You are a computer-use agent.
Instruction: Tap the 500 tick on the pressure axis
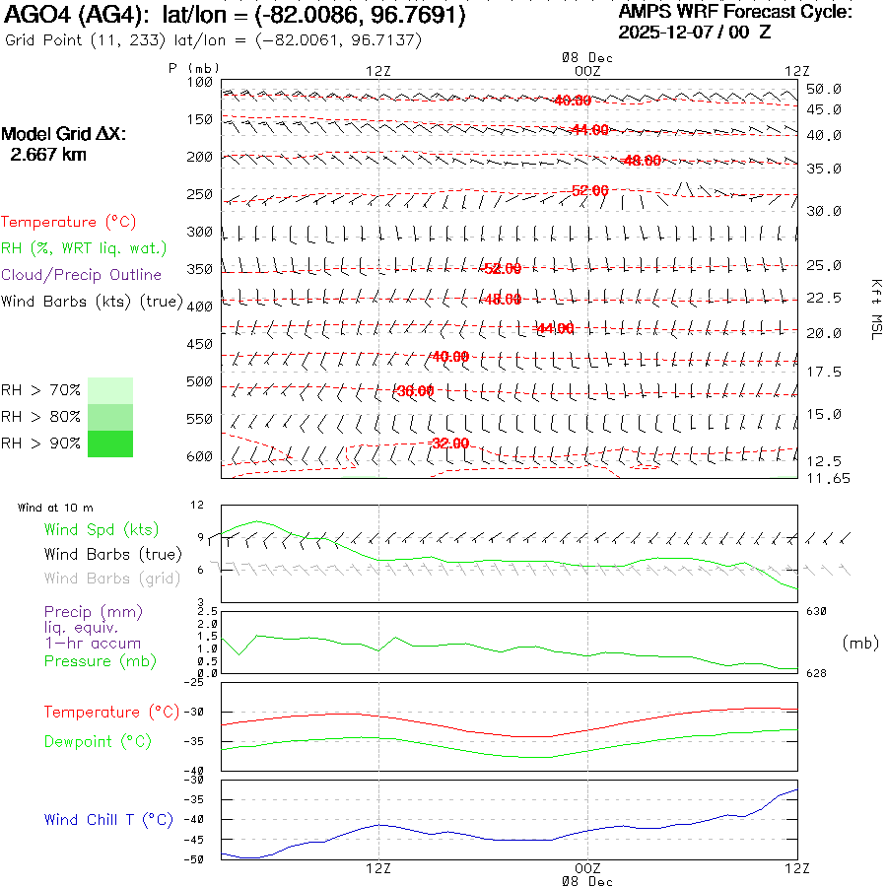coord(200,381)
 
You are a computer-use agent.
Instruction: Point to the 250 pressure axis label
coord(200,194)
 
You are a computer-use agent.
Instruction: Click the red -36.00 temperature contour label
coord(415,391)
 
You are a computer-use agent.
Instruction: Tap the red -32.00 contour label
coord(449,443)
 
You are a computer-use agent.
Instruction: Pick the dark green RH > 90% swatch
coord(110,444)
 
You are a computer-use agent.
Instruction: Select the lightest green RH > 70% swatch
coord(110,390)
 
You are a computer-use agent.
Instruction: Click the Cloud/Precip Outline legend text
coord(81,274)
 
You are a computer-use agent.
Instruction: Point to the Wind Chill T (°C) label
coord(108,819)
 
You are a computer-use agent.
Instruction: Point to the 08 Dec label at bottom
coord(587,881)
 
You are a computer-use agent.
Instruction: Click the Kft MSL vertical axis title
coord(875,308)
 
